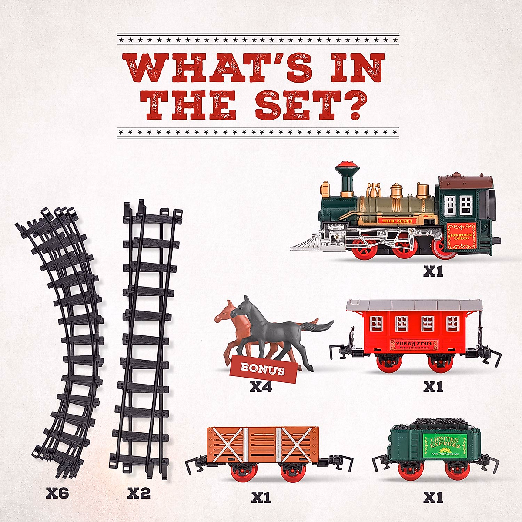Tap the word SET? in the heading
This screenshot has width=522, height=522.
tap(309, 105)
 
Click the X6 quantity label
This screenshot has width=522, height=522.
tap(57, 493)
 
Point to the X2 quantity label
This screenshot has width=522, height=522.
tap(139, 493)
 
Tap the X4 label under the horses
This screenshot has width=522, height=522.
tap(261, 386)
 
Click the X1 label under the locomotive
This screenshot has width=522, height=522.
tap(433, 272)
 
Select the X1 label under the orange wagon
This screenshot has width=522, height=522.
tap(261, 497)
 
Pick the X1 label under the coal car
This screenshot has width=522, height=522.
tap(433, 497)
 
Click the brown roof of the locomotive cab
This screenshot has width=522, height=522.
tap(465, 182)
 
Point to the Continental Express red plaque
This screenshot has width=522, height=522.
tap(462, 236)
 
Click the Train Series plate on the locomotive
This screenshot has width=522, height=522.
tap(397, 221)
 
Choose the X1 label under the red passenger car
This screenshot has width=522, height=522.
tap(433, 386)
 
